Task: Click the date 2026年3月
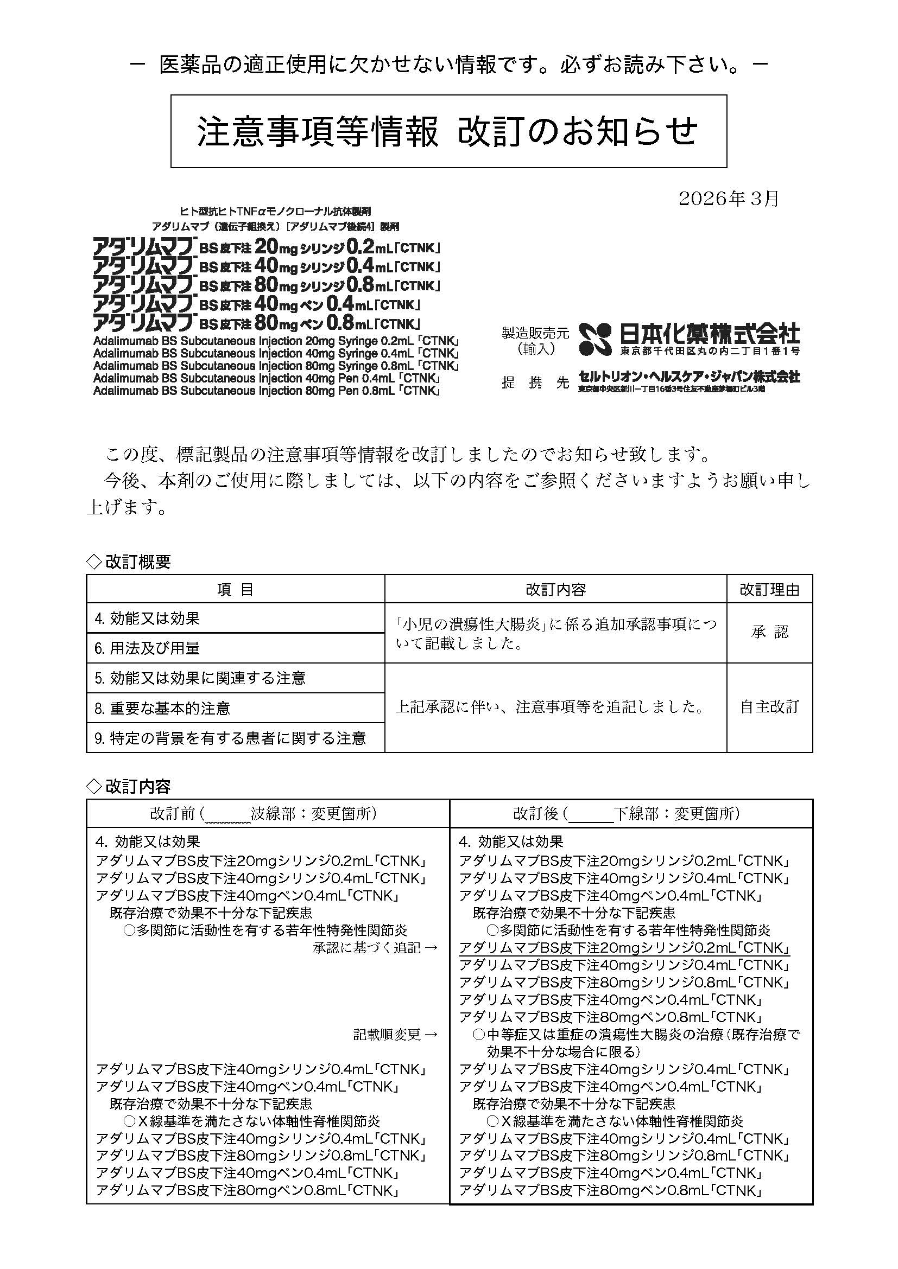728,199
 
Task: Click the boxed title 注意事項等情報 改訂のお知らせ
448,131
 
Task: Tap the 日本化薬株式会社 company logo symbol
596,339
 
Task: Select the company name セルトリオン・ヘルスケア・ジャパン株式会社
689,377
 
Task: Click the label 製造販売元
535,333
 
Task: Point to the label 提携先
535,382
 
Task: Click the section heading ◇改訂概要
129,562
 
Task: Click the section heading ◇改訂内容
129,786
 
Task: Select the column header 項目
235,590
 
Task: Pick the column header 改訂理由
769,590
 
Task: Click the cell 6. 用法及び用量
147,648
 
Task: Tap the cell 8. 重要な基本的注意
162,709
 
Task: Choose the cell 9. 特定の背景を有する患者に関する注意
230,738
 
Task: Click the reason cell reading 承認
769,632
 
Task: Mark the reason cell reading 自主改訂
769,707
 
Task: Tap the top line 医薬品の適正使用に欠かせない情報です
448,65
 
